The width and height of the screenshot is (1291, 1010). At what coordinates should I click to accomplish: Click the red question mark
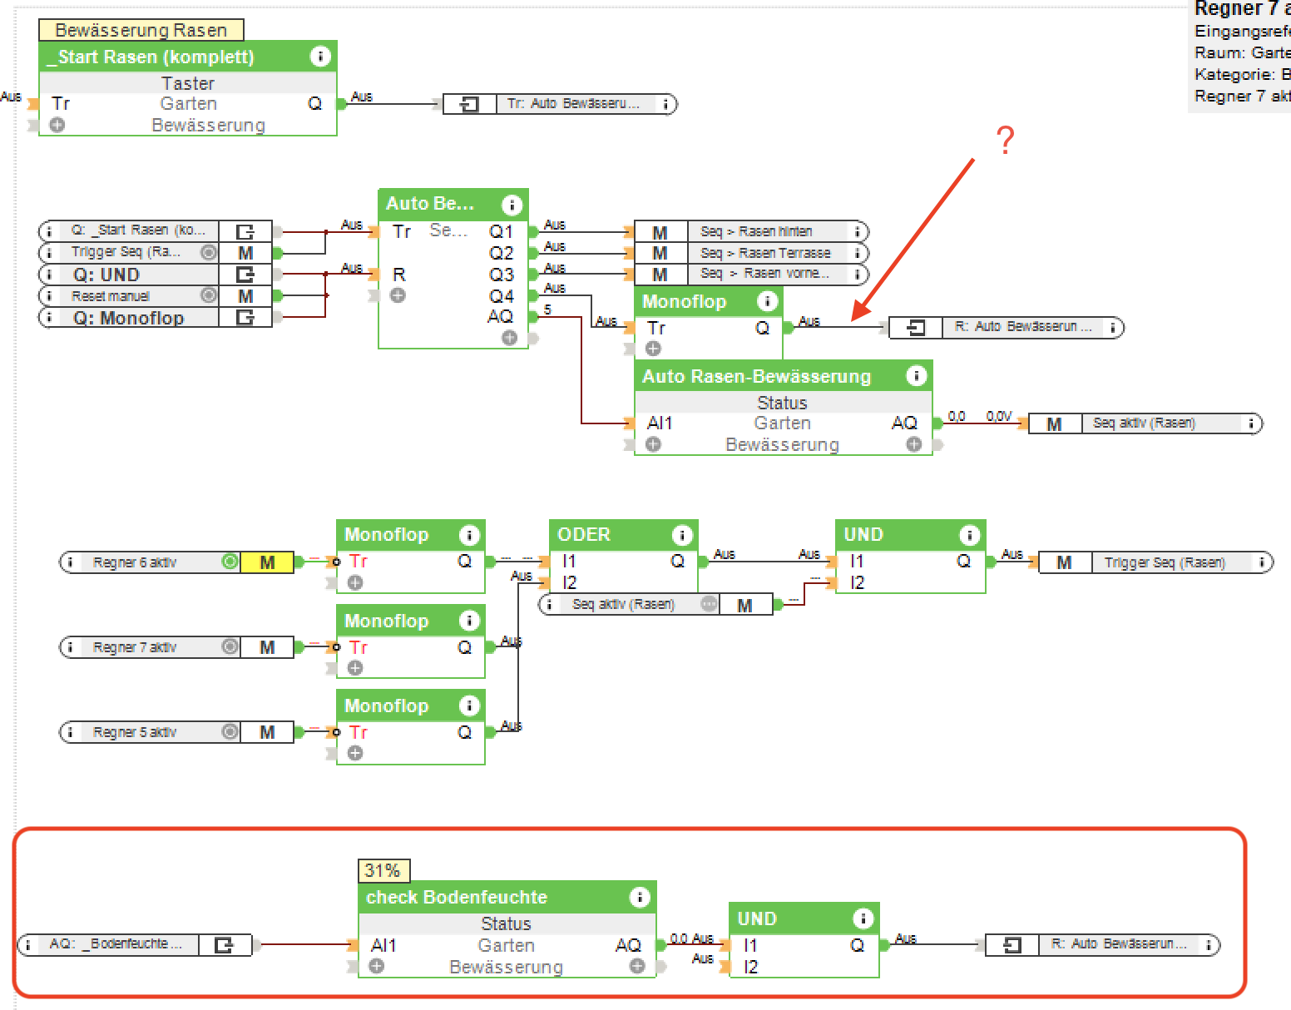(1005, 141)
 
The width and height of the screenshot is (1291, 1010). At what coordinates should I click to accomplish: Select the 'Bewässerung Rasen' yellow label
(141, 30)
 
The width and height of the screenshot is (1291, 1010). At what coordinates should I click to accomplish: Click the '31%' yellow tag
(383, 870)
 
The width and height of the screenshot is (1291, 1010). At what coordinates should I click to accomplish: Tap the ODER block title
(584, 534)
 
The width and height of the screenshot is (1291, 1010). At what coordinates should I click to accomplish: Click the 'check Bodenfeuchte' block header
(457, 897)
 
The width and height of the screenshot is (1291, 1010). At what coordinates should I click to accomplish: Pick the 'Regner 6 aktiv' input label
(135, 562)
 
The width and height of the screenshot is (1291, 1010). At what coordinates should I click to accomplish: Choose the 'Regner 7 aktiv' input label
(135, 647)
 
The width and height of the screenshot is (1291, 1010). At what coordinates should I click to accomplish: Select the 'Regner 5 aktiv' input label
(135, 732)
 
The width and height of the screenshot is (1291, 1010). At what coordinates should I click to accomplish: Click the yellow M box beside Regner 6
(267, 562)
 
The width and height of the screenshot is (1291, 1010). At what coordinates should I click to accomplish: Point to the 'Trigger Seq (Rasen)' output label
(1164, 562)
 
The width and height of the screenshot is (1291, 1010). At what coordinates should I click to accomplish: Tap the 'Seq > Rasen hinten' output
(756, 231)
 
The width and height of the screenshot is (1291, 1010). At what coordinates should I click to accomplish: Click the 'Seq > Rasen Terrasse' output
(765, 253)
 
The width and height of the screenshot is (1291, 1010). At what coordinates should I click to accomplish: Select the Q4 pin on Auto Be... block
(502, 296)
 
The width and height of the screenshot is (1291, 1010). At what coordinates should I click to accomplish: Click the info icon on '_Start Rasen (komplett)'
(320, 57)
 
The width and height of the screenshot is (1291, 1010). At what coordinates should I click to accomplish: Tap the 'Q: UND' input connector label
(106, 275)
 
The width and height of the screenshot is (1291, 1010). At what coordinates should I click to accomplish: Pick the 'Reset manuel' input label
(111, 296)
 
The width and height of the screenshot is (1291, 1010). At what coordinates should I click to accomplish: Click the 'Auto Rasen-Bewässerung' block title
(756, 376)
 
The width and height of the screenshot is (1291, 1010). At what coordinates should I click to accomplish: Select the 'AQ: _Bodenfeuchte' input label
(115, 943)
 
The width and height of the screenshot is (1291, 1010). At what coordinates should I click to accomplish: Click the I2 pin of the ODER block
(569, 582)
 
